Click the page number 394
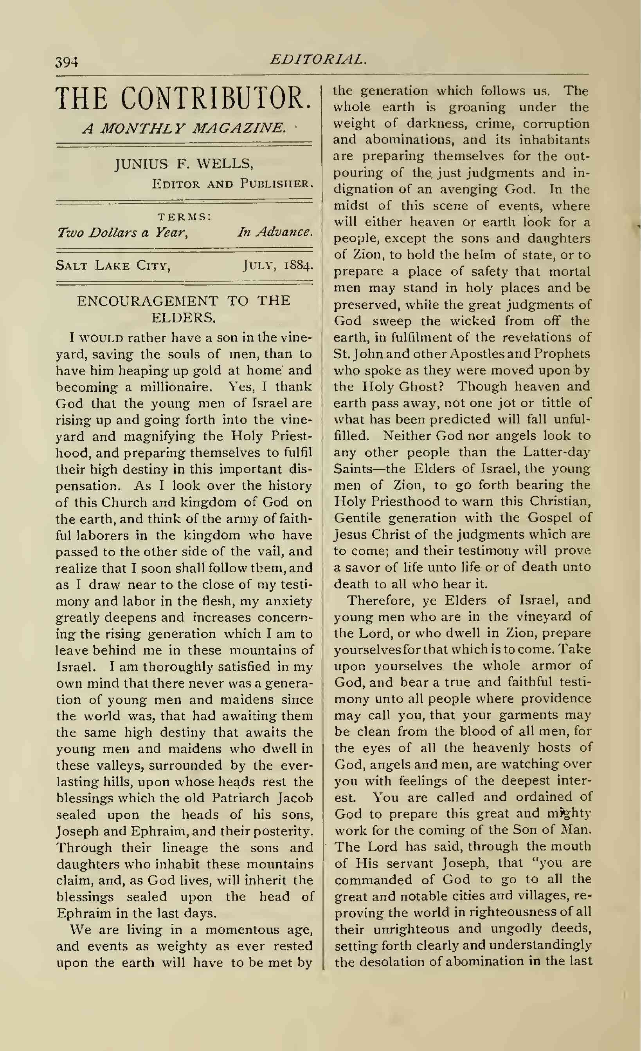pyautogui.click(x=67, y=62)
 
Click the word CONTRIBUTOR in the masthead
pyautogui.click(x=216, y=99)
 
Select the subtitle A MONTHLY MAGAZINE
pyautogui.click(x=184, y=128)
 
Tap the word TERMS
pyautogui.click(x=184, y=217)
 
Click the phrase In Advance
pyautogui.click(x=275, y=232)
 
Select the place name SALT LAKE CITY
pyautogui.click(x=113, y=266)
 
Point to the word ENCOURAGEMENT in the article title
pyautogui.click(x=148, y=301)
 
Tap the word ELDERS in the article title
pyautogui.click(x=183, y=318)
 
